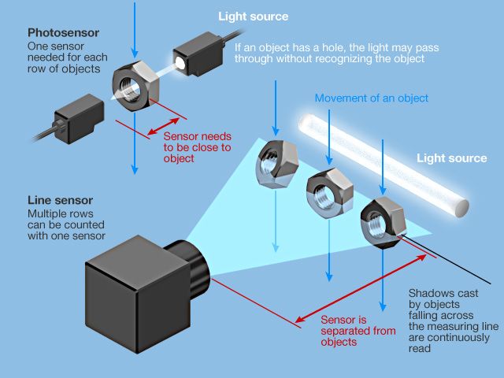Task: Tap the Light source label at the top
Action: click(x=254, y=16)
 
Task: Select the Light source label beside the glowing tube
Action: click(x=451, y=158)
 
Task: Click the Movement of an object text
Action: click(x=371, y=98)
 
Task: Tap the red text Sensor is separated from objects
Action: click(x=358, y=331)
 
